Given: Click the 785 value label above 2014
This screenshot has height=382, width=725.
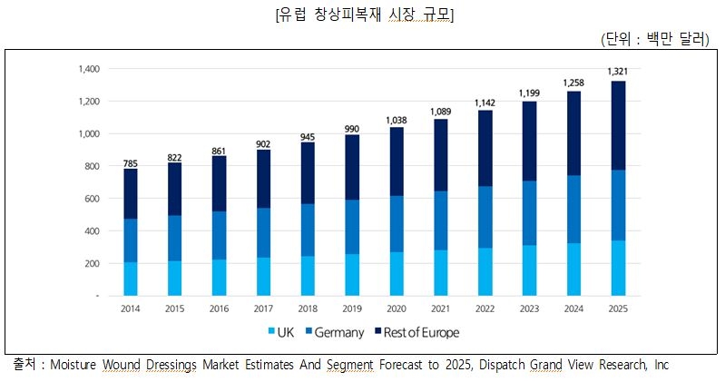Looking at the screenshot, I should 131,164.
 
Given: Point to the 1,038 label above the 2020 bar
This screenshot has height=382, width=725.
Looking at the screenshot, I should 397,120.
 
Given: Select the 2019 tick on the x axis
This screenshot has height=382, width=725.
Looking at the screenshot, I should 353,309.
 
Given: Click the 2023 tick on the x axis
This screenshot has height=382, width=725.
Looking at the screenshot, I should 530,309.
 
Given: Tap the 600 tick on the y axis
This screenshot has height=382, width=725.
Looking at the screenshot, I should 92,198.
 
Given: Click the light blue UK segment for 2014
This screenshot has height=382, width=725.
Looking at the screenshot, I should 131,279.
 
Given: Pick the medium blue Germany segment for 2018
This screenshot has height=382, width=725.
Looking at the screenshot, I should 309,230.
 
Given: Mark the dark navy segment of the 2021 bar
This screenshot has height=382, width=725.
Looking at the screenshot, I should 441,154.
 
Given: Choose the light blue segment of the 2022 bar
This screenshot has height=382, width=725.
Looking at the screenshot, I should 485,271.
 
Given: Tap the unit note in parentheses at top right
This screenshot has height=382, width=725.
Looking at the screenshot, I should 654,39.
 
